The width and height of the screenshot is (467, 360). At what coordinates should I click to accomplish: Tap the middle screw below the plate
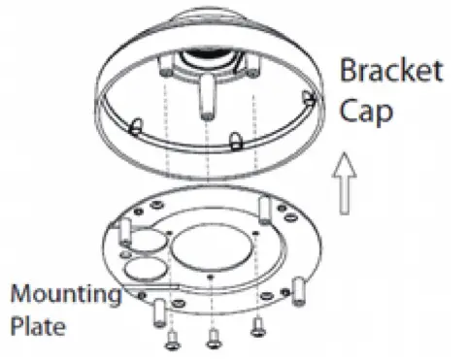coord(212,336)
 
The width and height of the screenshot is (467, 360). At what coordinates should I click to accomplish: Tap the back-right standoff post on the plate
coord(264,208)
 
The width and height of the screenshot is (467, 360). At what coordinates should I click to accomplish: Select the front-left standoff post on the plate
coord(157,311)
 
